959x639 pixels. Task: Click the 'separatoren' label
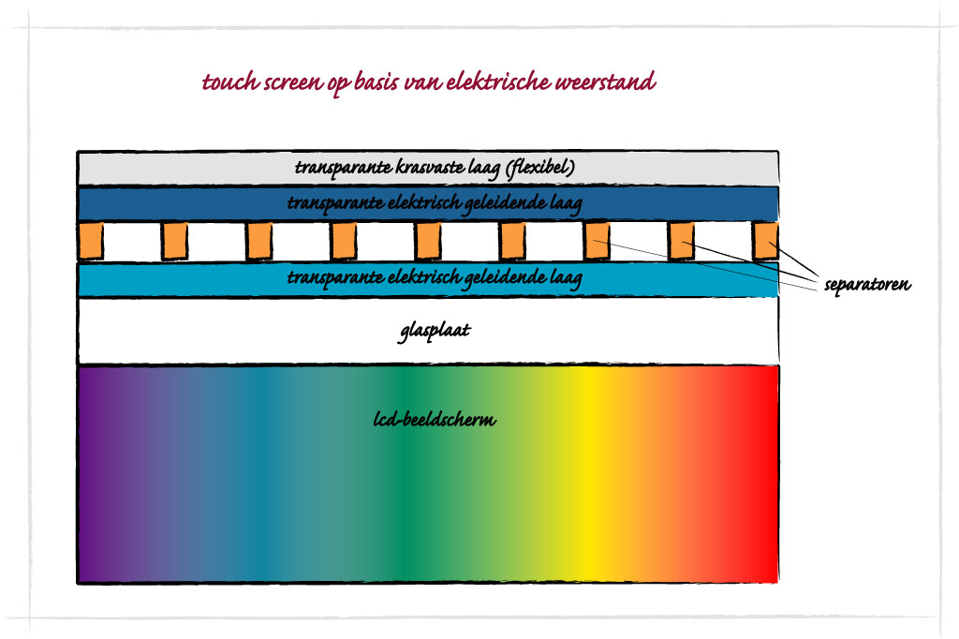(x=868, y=284)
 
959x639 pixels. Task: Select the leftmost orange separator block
(x=91, y=241)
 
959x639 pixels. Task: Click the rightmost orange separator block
(x=766, y=241)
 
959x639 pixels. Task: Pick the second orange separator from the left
(x=175, y=241)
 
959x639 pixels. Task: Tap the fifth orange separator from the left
(x=428, y=241)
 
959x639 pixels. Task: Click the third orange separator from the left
(x=259, y=241)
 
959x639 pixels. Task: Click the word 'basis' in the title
(x=375, y=82)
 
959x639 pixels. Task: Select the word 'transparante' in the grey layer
(x=337, y=168)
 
